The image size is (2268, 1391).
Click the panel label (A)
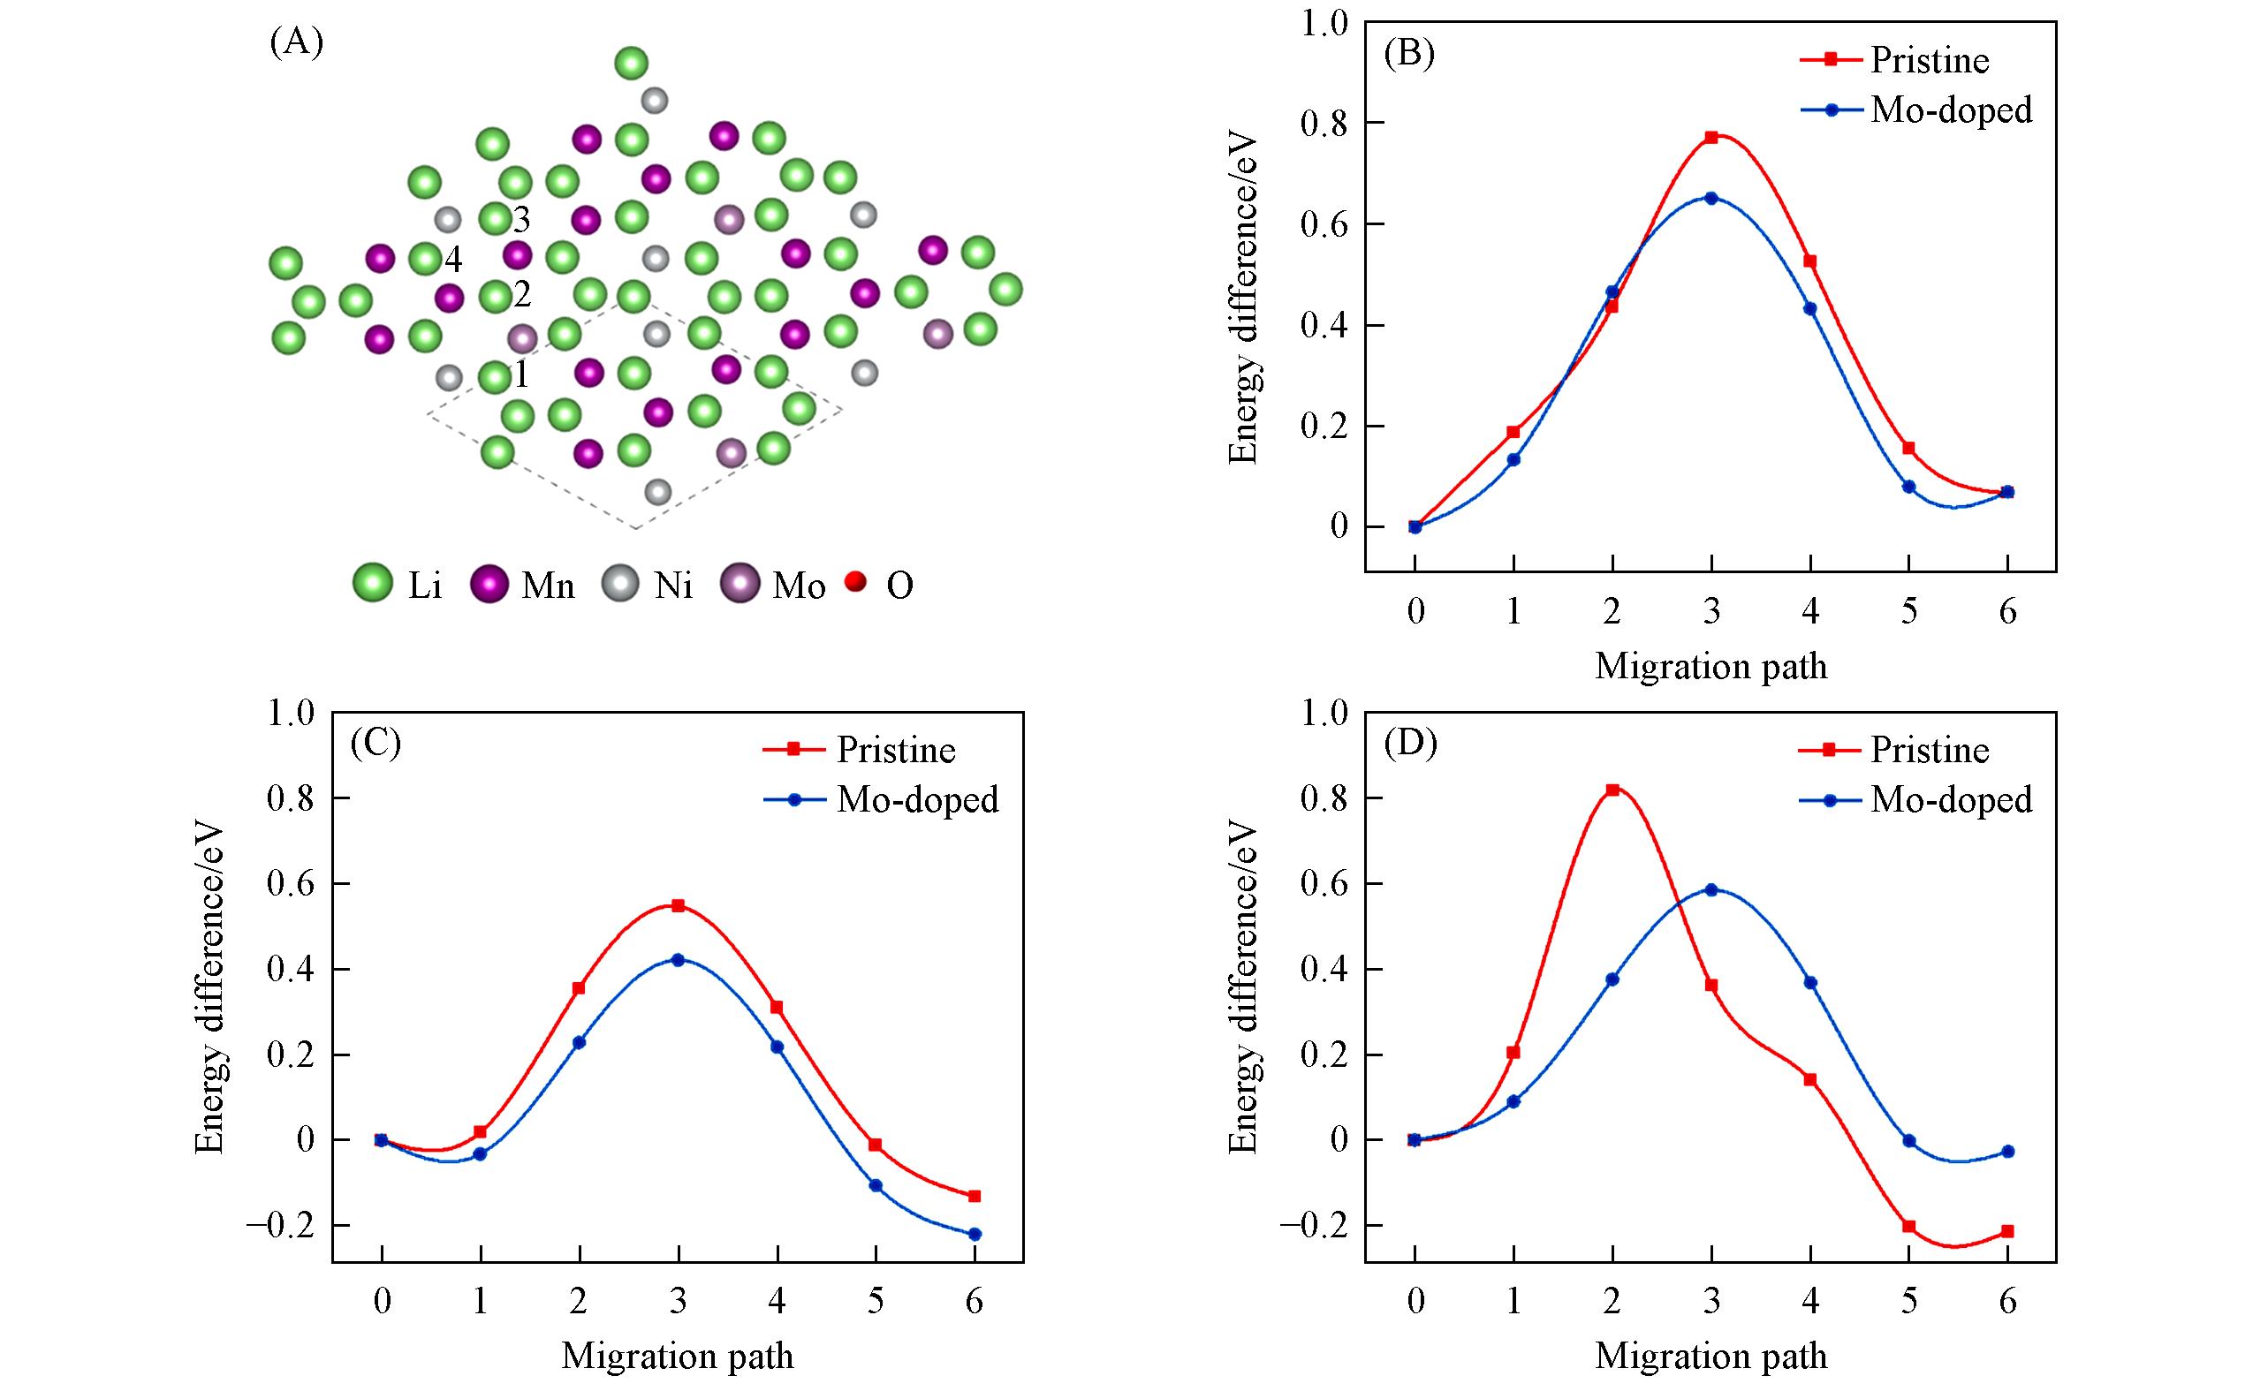296,43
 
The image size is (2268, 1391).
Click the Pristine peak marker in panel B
1711,137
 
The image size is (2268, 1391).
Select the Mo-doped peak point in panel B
1711,198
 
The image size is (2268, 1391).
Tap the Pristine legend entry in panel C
895,751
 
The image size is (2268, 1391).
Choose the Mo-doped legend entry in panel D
1951,800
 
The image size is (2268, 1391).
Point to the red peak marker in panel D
1612,790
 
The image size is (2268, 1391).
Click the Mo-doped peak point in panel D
1711,889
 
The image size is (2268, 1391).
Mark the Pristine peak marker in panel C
679,905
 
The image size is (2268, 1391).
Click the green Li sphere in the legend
372,583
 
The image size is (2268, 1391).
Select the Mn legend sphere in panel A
489,583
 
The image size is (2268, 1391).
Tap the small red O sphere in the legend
856,581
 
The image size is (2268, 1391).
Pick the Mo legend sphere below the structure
740,583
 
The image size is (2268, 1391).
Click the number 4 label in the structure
453,261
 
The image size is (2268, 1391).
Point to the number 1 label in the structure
522,374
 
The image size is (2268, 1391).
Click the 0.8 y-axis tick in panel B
1323,123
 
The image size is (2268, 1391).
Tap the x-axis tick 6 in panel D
2007,1301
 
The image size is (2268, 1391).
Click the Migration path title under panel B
1710,666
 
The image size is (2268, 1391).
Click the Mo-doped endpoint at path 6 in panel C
975,1235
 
